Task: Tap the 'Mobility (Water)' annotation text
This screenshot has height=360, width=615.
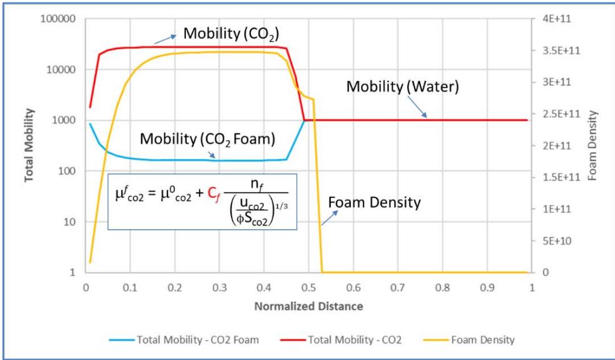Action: [403, 88]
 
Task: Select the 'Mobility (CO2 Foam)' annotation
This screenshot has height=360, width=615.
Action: [207, 138]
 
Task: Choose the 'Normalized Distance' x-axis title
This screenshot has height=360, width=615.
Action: [308, 307]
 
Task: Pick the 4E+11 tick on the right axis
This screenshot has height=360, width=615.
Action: [554, 19]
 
